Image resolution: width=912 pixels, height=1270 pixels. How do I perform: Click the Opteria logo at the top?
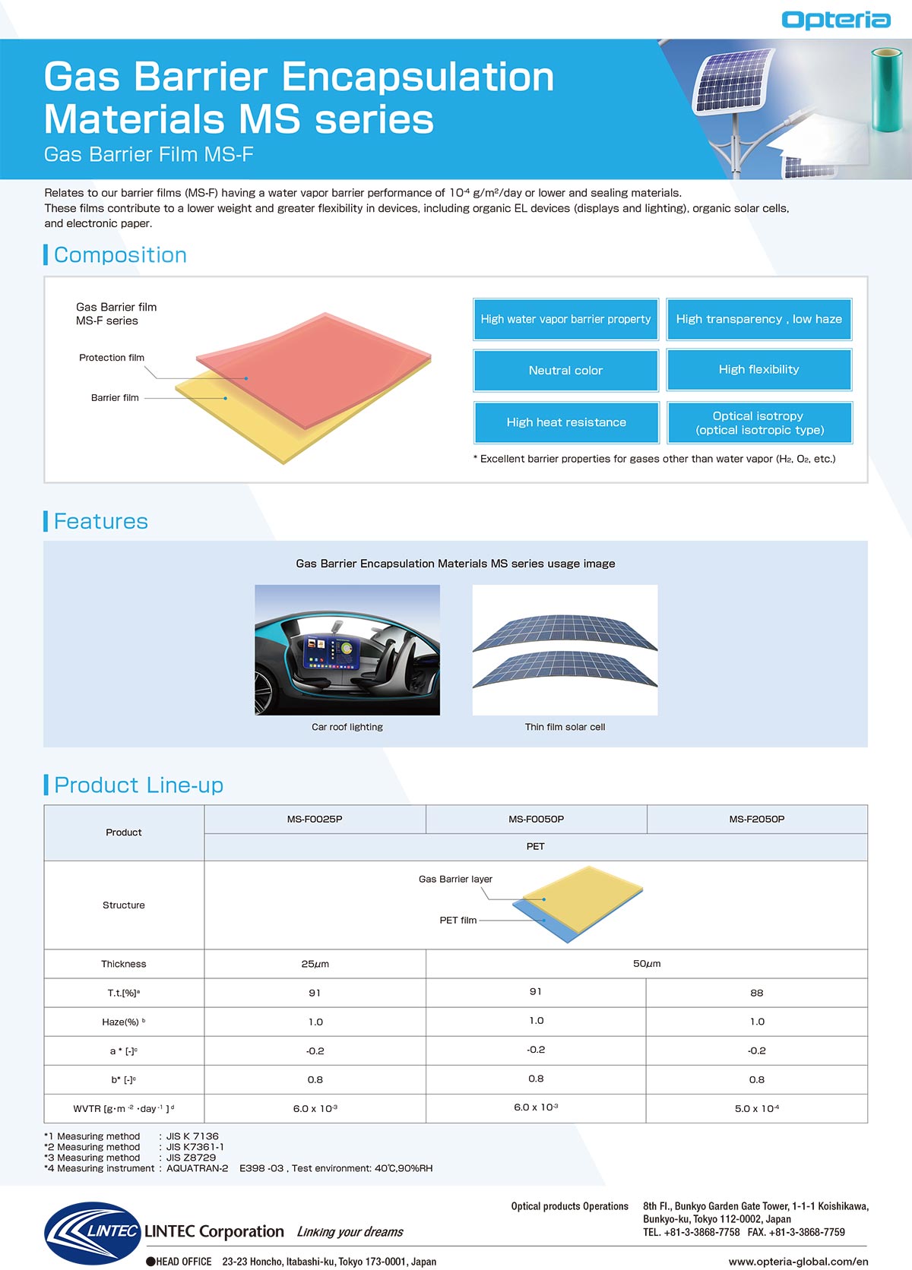pyautogui.click(x=835, y=20)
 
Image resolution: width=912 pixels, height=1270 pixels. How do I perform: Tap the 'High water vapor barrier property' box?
pyautogui.click(x=565, y=319)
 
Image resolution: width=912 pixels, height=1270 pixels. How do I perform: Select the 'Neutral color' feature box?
pyautogui.click(x=565, y=371)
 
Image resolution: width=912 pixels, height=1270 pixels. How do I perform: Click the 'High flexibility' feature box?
pyautogui.click(x=758, y=370)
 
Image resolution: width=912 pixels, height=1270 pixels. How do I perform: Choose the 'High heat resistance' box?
pyautogui.click(x=566, y=422)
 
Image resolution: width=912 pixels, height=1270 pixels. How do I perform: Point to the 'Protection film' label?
pyautogui.click(x=112, y=358)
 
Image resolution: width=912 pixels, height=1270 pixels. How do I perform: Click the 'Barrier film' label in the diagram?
pyautogui.click(x=115, y=398)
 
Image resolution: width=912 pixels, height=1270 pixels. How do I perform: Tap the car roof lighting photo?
pyautogui.click(x=347, y=649)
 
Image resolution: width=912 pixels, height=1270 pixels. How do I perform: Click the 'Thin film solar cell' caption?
pyautogui.click(x=565, y=727)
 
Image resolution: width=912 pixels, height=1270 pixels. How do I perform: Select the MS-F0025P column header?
pyautogui.click(x=315, y=820)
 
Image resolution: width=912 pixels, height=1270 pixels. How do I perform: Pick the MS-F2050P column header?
pyautogui.click(x=757, y=820)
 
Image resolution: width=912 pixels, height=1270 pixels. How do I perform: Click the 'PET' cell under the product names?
pyautogui.click(x=535, y=847)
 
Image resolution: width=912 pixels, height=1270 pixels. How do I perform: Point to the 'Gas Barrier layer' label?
pyautogui.click(x=455, y=880)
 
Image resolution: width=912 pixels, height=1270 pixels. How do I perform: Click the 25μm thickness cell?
pyautogui.click(x=315, y=964)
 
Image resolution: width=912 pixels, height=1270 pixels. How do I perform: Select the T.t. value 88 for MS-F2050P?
pyautogui.click(x=757, y=993)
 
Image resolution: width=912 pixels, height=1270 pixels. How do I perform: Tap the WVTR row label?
pyautogui.click(x=124, y=1109)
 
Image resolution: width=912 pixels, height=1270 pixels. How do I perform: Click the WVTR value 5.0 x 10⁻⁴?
pyautogui.click(x=757, y=1109)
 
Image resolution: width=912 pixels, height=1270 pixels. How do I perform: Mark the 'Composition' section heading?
pyautogui.click(x=120, y=255)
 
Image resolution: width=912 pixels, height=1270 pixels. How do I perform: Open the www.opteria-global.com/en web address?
pyautogui.click(x=798, y=1262)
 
